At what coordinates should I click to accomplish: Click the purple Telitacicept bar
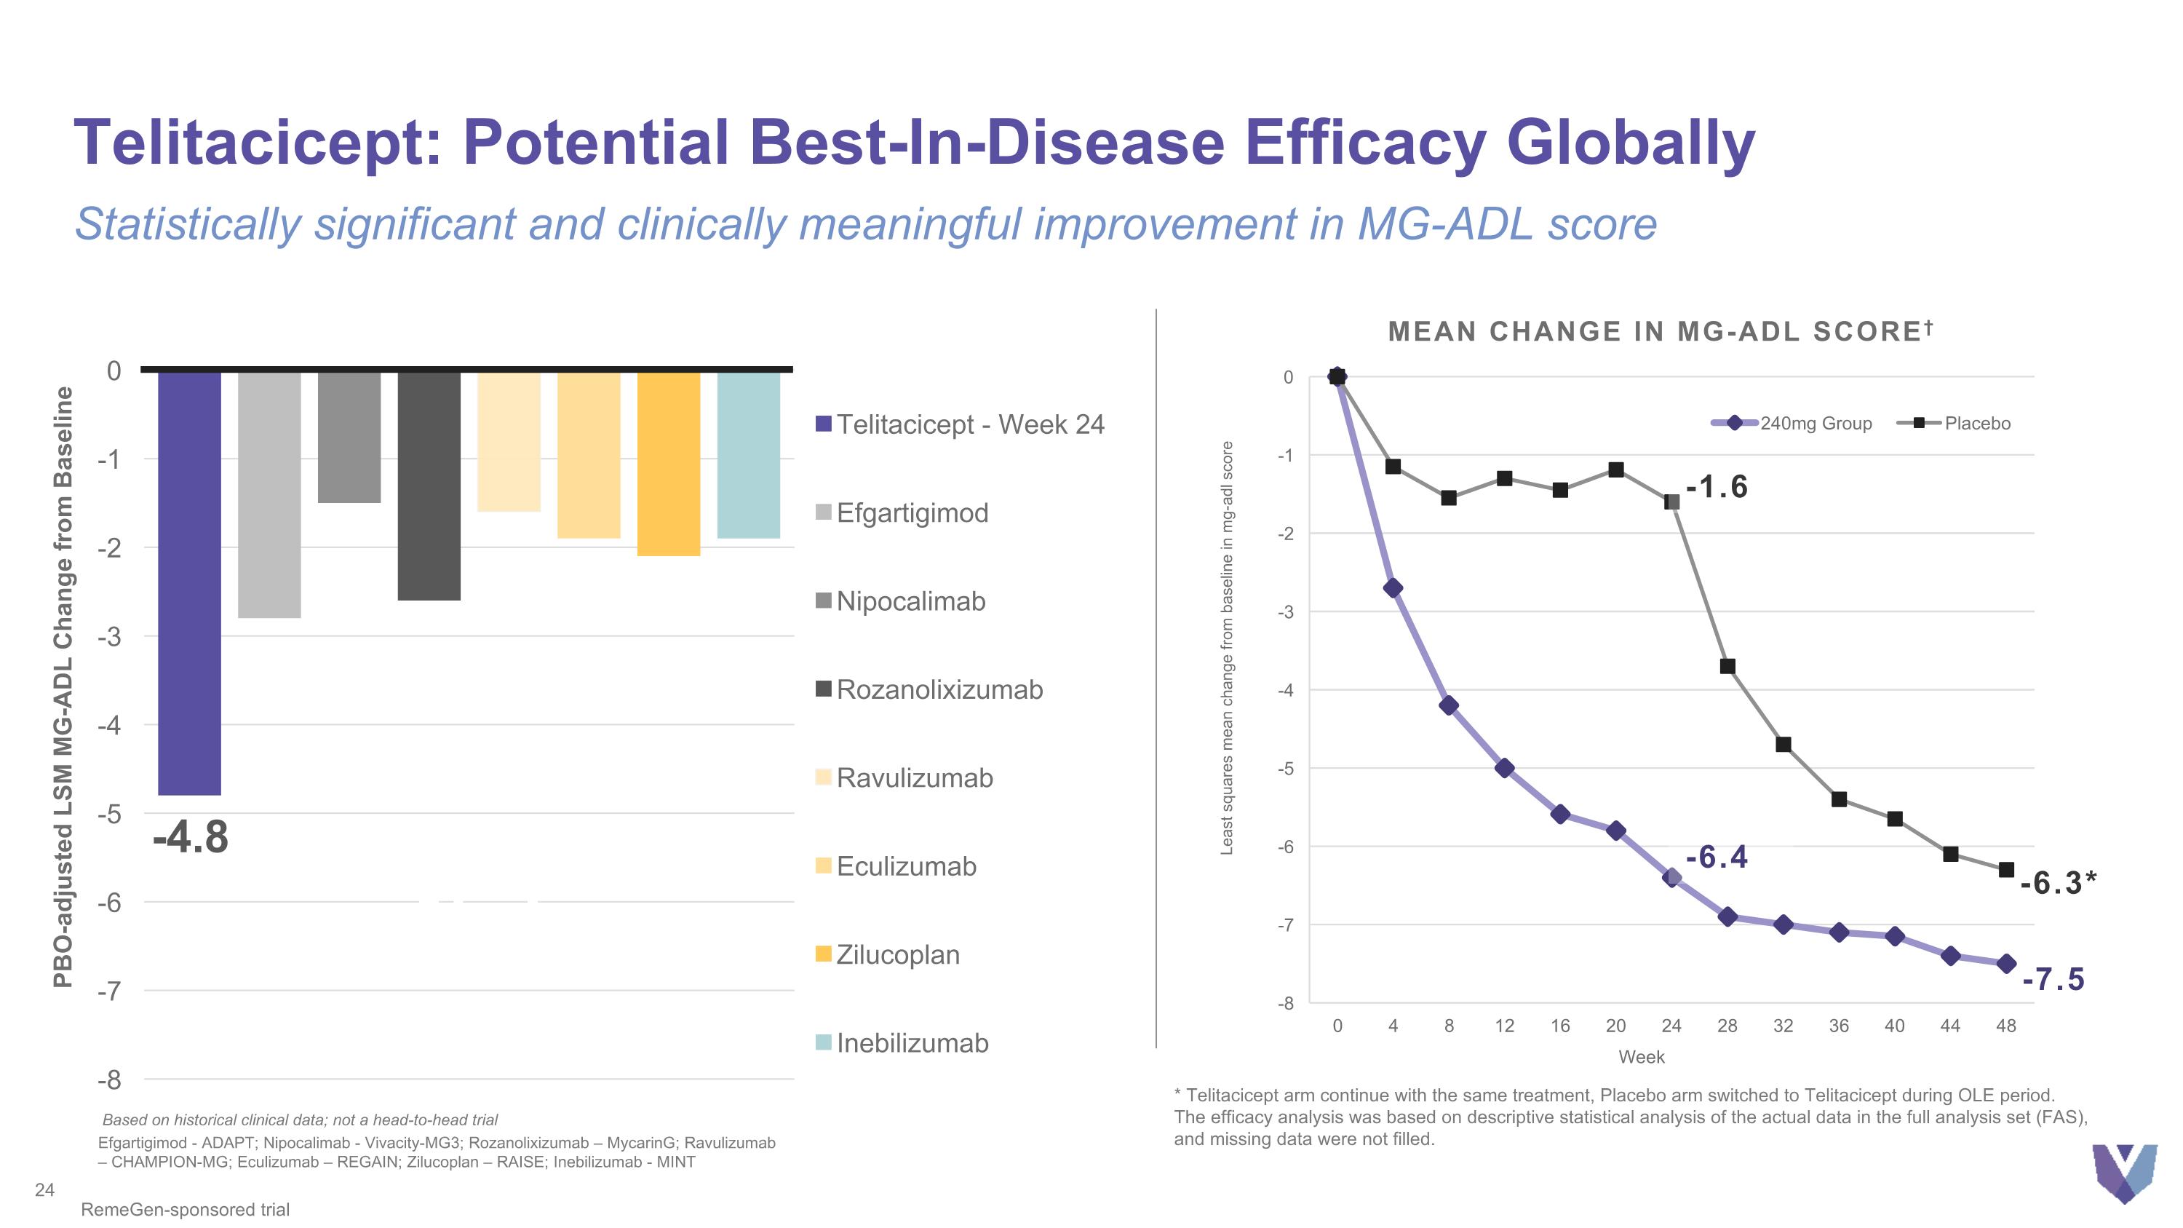[x=190, y=583]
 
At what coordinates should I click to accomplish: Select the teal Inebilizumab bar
[x=748, y=455]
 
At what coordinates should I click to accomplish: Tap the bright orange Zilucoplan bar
[x=669, y=464]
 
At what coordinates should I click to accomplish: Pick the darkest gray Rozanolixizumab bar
[x=429, y=486]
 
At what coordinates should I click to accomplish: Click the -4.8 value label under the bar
[x=191, y=837]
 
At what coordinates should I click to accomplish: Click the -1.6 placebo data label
[x=1717, y=487]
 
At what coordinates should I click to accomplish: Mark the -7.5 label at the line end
[x=2053, y=979]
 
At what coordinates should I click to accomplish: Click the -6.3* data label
[x=2059, y=883]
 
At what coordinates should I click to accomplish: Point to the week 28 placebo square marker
[x=1727, y=666]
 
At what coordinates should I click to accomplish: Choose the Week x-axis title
[x=1642, y=1057]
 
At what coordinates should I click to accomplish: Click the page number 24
[x=45, y=1190]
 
